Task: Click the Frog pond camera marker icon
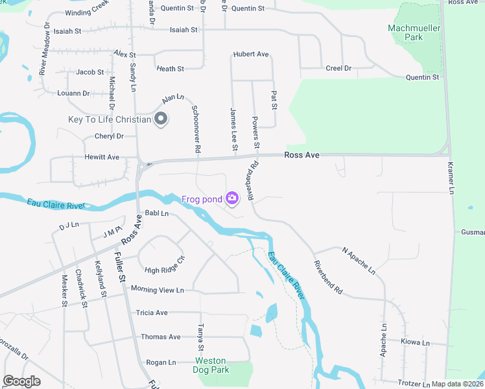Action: coord(231,198)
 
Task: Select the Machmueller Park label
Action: coord(414,32)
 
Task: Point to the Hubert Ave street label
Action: coord(251,54)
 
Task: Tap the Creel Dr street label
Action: coord(338,68)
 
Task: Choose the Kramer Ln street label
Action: coord(452,176)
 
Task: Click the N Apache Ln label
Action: coord(359,259)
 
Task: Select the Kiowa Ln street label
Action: coord(415,342)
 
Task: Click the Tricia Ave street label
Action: coord(152,312)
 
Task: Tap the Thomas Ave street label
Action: coord(161,337)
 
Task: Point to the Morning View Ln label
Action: coord(158,290)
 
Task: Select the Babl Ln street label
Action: coord(156,213)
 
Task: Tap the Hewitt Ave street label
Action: coord(102,157)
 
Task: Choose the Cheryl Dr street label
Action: coord(109,136)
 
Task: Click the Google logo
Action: coord(21,381)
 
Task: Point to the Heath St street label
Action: coord(171,69)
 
